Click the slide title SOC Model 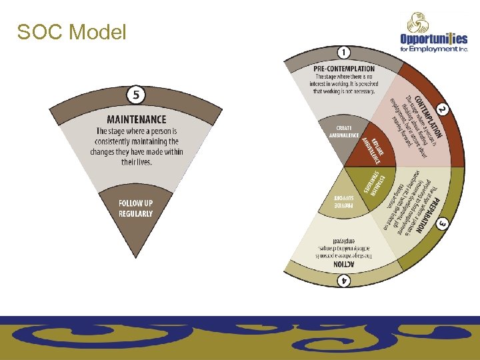[71, 31]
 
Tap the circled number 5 [136, 95]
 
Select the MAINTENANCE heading [136, 119]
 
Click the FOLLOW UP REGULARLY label [136, 208]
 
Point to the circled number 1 [343, 53]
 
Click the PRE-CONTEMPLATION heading [343, 69]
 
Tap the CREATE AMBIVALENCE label [345, 131]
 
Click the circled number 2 [441, 109]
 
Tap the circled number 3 [442, 225]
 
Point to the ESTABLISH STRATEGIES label [374, 183]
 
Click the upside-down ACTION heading [343, 264]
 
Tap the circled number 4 [343, 281]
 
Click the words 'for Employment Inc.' [434, 49]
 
